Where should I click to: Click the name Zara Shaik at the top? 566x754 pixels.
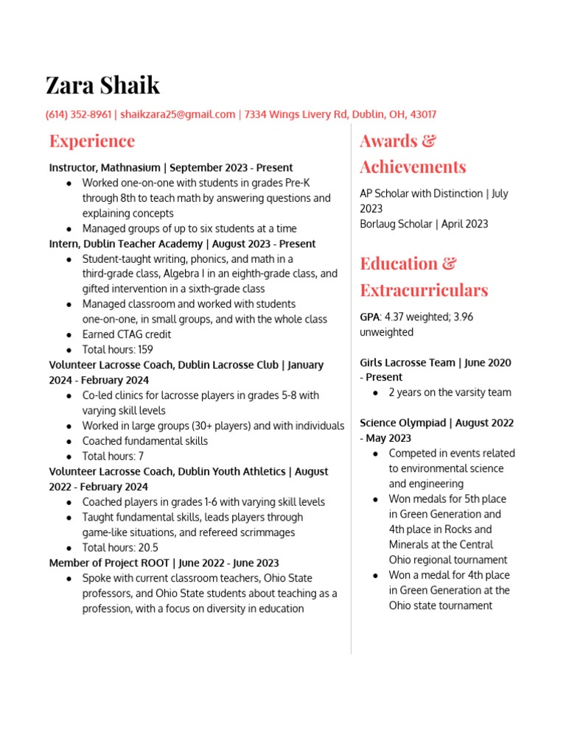(x=102, y=85)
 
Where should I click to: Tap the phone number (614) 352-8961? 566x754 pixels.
(x=78, y=114)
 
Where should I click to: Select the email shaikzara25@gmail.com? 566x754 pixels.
(x=178, y=114)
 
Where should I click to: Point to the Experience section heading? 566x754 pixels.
(x=92, y=141)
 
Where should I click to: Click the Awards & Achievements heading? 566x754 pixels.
(x=412, y=153)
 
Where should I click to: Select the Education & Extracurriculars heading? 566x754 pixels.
(x=423, y=276)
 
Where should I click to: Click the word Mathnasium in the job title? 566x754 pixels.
(x=133, y=167)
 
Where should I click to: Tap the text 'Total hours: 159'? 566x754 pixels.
(x=117, y=350)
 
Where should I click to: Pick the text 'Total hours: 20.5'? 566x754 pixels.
(x=120, y=547)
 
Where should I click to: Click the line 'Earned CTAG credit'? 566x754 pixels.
(x=126, y=334)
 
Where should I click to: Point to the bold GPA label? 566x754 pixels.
(x=370, y=317)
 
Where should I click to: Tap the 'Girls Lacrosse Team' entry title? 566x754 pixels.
(x=408, y=362)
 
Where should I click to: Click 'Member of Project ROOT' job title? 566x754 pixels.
(x=108, y=563)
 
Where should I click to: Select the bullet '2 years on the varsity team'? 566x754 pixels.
(x=450, y=392)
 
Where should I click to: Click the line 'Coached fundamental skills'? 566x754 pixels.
(x=144, y=441)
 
